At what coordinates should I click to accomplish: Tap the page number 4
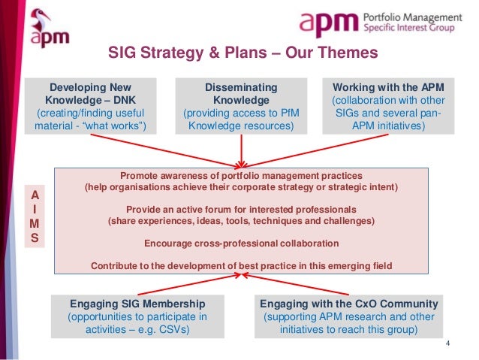(x=448, y=345)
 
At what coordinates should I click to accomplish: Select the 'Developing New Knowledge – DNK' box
(x=94, y=106)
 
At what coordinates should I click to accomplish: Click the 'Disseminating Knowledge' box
(x=240, y=106)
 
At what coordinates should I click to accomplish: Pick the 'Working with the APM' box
(x=388, y=106)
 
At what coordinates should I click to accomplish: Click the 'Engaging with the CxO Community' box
(x=348, y=316)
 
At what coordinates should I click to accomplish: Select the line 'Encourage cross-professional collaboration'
(x=241, y=244)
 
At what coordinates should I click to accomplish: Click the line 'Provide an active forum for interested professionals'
(x=241, y=208)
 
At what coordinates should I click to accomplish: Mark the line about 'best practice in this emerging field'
(x=241, y=265)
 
